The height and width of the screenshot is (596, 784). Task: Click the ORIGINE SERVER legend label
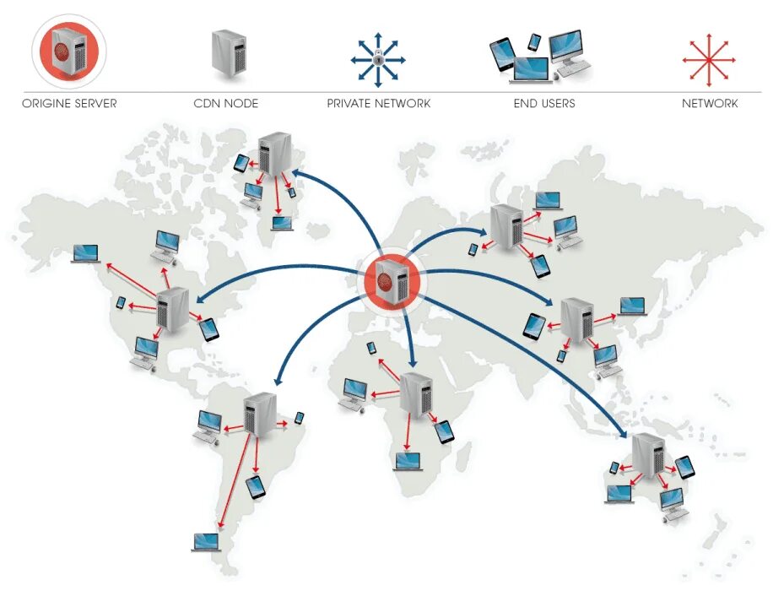pyautogui.click(x=69, y=104)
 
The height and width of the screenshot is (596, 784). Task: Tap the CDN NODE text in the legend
pyautogui.click(x=225, y=104)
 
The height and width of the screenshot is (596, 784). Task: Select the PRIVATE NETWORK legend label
pyautogui.click(x=379, y=104)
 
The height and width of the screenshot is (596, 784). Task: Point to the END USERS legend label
pyautogui.click(x=544, y=104)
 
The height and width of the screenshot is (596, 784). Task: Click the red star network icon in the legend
pyautogui.click(x=709, y=60)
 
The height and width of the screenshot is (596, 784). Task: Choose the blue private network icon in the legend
pyautogui.click(x=378, y=58)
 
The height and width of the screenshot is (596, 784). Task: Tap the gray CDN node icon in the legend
pyautogui.click(x=228, y=55)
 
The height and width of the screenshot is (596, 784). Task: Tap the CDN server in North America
pyautogui.click(x=173, y=310)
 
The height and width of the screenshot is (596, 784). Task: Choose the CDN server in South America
pyautogui.click(x=260, y=414)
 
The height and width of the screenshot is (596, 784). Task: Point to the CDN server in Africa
pyautogui.click(x=416, y=393)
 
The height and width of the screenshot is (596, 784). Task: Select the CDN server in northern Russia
pyautogui.click(x=508, y=226)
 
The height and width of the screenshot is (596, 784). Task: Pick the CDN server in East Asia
pyautogui.click(x=577, y=318)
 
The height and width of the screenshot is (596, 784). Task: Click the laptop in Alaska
pyautogui.click(x=85, y=252)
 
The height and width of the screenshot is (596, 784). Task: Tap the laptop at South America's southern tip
pyautogui.click(x=206, y=542)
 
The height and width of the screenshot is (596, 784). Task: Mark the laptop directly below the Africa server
pyautogui.click(x=408, y=461)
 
